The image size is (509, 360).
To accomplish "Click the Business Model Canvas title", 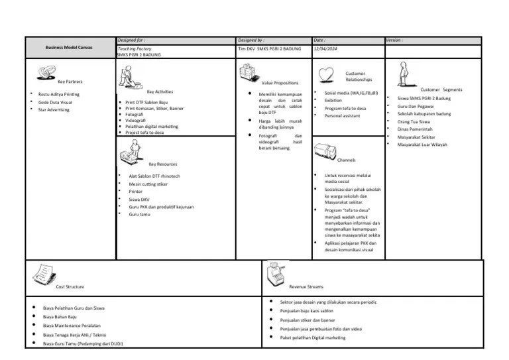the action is [70, 48].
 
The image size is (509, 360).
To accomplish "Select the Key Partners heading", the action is [70, 82].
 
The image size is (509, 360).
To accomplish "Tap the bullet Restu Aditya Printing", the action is [58, 94].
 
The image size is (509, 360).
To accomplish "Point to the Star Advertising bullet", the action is [54, 110].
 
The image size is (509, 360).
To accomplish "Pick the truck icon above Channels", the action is [325, 150].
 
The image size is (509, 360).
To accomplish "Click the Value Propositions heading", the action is [280, 83].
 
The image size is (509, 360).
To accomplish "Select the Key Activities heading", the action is [160, 91].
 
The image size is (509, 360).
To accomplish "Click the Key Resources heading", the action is [162, 164].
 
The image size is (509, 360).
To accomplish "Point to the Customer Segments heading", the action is [441, 90].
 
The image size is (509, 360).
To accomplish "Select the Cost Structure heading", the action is [70, 286].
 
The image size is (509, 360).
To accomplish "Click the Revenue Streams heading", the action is [306, 286].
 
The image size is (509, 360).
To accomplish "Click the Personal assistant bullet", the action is [343, 116].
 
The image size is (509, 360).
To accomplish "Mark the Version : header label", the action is [396, 40].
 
